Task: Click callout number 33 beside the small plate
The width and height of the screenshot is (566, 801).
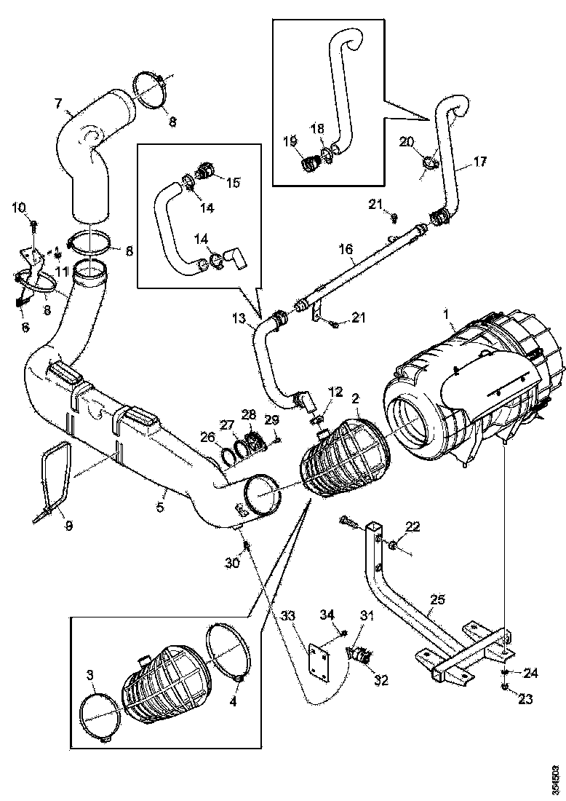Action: pyautogui.click(x=289, y=615)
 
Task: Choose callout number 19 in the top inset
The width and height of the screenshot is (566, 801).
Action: pyautogui.click(x=289, y=141)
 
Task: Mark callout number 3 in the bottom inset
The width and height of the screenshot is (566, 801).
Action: pyautogui.click(x=90, y=676)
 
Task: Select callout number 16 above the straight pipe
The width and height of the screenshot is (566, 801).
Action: pyautogui.click(x=347, y=250)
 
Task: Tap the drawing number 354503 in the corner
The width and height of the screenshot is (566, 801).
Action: pyautogui.click(x=556, y=778)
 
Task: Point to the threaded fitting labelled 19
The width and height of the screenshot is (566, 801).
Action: pyautogui.click(x=311, y=164)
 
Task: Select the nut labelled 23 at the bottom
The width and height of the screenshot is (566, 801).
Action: pyautogui.click(x=506, y=686)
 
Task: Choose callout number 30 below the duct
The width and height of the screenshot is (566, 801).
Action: pyautogui.click(x=231, y=563)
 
